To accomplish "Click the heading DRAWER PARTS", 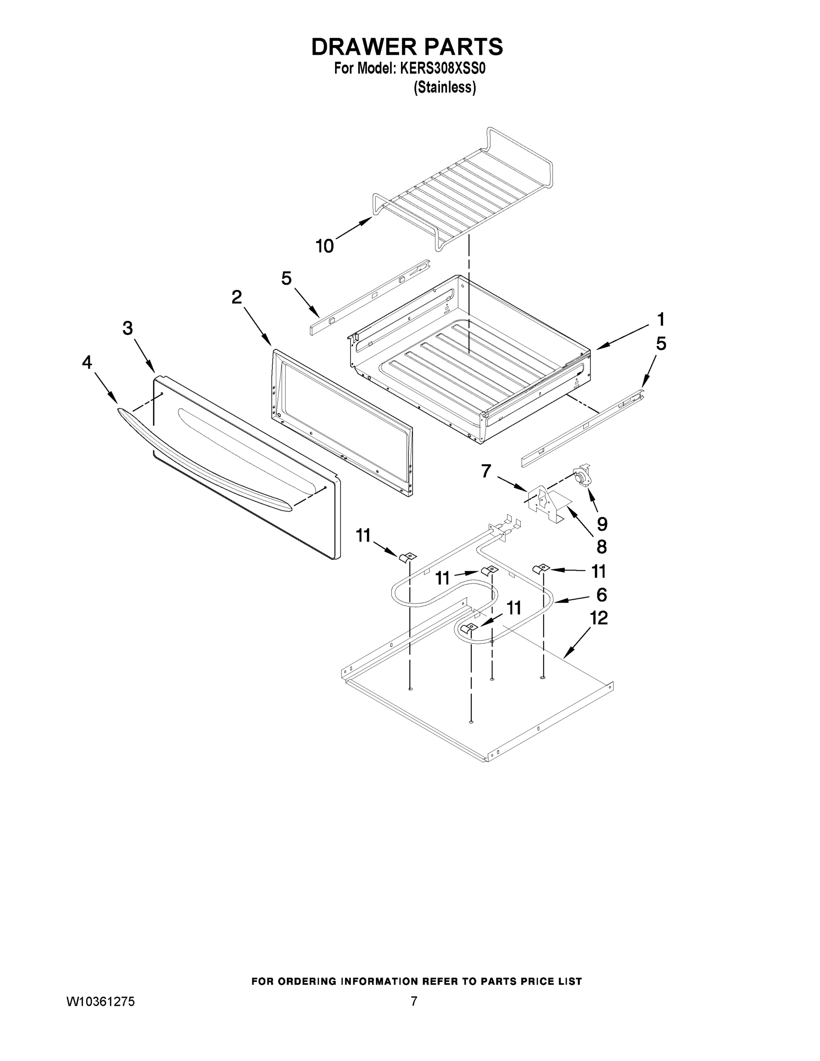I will [x=407, y=47].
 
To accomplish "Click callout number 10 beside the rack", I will [x=324, y=246].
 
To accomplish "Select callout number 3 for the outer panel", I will [x=127, y=328].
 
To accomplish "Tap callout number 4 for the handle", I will [x=87, y=362].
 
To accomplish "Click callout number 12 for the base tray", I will [x=599, y=618].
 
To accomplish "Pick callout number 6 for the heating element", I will [x=601, y=595].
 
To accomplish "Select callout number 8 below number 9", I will [x=601, y=547].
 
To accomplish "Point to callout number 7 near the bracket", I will [x=486, y=471].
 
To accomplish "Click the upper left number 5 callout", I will [x=286, y=279].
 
